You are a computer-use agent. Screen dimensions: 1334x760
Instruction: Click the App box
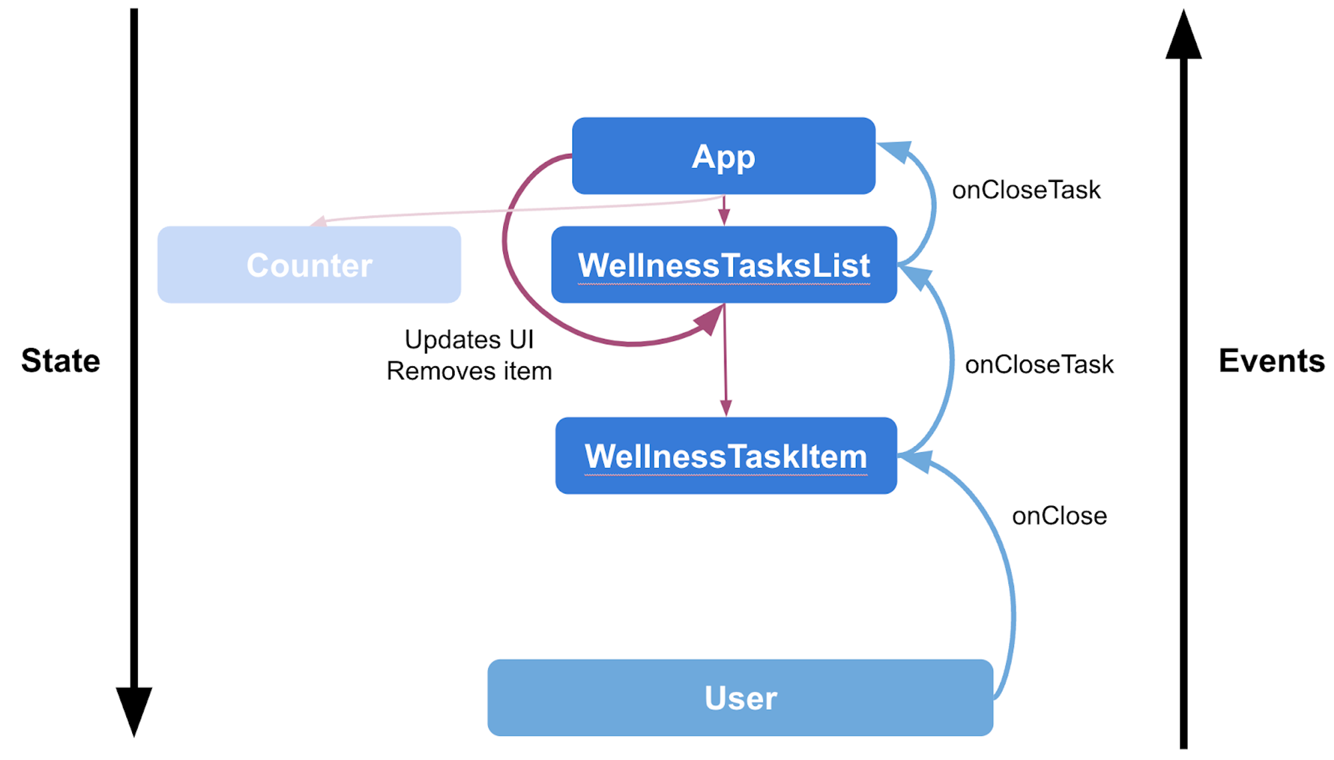724,156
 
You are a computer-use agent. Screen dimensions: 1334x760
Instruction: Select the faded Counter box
309,265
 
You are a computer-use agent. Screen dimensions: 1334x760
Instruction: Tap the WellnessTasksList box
724,265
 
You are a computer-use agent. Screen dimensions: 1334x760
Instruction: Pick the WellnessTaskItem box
726,456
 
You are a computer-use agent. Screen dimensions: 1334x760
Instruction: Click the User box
740,698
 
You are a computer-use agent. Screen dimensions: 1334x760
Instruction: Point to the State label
61,361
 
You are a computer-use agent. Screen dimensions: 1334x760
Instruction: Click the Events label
1272,361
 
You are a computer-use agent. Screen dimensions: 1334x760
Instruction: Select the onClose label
1059,516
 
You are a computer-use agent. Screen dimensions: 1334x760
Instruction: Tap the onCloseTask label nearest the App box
1026,190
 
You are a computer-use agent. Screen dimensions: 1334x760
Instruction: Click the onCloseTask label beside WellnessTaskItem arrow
1039,365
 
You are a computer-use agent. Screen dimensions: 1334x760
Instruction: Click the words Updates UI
469,340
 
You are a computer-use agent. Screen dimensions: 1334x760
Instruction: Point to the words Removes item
469,371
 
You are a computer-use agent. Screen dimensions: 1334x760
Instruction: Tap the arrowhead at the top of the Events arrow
1183,35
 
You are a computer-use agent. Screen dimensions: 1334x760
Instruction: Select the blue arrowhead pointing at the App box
894,151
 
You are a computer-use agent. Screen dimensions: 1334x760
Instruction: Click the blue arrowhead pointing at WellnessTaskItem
914,460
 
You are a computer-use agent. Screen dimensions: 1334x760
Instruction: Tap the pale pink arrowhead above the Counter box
319,221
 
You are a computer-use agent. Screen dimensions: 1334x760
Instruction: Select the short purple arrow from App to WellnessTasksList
724,211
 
